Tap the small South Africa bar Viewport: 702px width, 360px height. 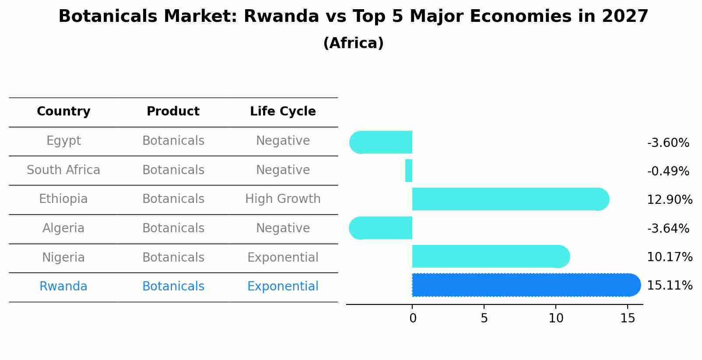pyautogui.click(x=409, y=171)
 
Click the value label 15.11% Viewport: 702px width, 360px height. pyautogui.click(x=669, y=286)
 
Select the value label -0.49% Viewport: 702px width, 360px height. pyautogui.click(x=668, y=171)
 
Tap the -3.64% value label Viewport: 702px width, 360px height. pyautogui.click(x=668, y=228)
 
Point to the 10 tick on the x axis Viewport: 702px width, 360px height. pyautogui.click(x=556, y=318)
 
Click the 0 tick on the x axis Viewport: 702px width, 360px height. pyautogui.click(x=413, y=318)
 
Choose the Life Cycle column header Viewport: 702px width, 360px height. pyautogui.click(x=283, y=112)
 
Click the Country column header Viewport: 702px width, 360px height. pyautogui.click(x=63, y=112)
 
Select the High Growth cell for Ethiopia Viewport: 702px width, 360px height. pyautogui.click(x=283, y=199)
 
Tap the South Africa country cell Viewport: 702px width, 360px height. pyautogui.click(x=63, y=170)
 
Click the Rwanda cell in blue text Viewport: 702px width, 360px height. pyautogui.click(x=63, y=287)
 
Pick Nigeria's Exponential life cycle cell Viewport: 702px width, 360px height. pyautogui.click(x=283, y=257)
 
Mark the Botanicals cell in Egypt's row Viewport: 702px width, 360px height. pyautogui.click(x=173, y=141)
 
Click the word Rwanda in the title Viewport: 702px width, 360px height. pyautogui.click(x=281, y=17)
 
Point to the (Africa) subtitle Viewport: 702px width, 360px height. pyautogui.click(x=353, y=43)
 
